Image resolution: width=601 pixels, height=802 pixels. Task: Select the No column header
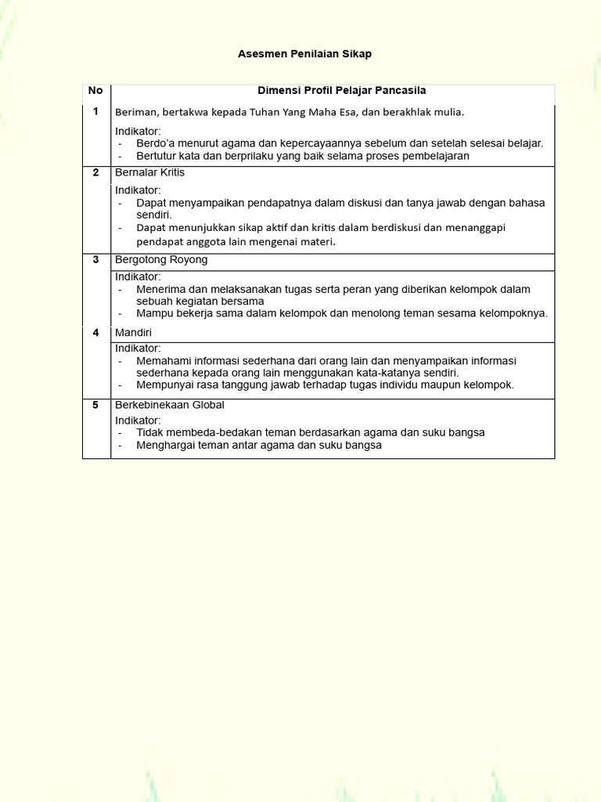pyautogui.click(x=95, y=91)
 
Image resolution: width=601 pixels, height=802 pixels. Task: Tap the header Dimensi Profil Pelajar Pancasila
pyautogui.click(x=341, y=91)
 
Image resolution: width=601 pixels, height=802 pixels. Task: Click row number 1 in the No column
pyautogui.click(x=95, y=111)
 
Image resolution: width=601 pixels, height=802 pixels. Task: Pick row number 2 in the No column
pyautogui.click(x=95, y=172)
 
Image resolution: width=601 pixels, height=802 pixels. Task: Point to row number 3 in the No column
pyautogui.click(x=95, y=259)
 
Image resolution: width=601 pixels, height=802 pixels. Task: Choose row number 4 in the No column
pyautogui.click(x=95, y=332)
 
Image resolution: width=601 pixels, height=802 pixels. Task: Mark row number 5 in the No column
pyautogui.click(x=95, y=405)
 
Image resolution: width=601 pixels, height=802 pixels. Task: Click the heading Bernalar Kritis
pyautogui.click(x=149, y=172)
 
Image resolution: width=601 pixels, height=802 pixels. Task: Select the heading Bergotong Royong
pyautogui.click(x=161, y=259)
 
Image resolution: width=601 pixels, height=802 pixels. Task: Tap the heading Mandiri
pyautogui.click(x=133, y=332)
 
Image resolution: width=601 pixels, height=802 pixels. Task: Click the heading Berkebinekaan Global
pyautogui.click(x=169, y=405)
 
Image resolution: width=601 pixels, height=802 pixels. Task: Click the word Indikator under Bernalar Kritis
pyautogui.click(x=138, y=190)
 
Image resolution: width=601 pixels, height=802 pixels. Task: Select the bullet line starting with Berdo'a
pyautogui.click(x=339, y=143)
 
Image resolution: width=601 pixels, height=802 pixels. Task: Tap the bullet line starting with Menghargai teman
pyautogui.click(x=258, y=445)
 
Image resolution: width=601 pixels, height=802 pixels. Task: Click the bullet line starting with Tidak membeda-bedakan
pyautogui.click(x=310, y=432)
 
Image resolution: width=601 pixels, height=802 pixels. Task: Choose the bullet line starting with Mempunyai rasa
pyautogui.click(x=324, y=385)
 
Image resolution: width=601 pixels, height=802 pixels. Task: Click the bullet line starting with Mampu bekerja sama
pyautogui.click(x=341, y=313)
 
